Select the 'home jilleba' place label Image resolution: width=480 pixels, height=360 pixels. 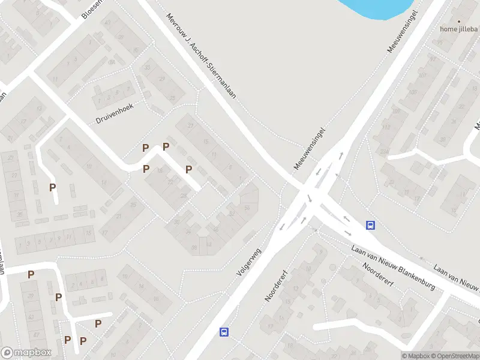[x=458, y=29]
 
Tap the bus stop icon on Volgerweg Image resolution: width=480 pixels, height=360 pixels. [x=224, y=332]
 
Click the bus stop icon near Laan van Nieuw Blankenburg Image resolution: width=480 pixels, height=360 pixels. [x=371, y=226]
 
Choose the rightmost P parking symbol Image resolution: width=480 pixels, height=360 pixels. [x=188, y=169]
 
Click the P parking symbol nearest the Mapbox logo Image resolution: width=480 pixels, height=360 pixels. [x=68, y=340]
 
